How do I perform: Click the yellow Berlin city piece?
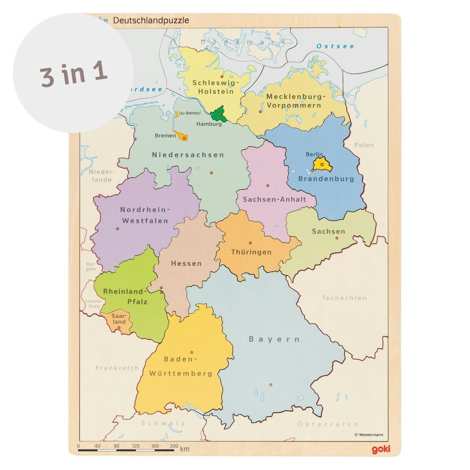[x=322, y=165]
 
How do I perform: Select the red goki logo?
[x=381, y=449]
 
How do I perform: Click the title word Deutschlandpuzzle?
[x=151, y=20]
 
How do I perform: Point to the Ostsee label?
[x=335, y=46]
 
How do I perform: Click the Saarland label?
[x=119, y=319]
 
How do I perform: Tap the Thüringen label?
[x=251, y=252]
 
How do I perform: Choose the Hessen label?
[x=186, y=264]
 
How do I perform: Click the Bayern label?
[x=274, y=339]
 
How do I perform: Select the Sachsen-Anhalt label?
[x=274, y=199]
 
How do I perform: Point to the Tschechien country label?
[x=344, y=298]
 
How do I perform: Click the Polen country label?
[x=364, y=145]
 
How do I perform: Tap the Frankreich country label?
[x=117, y=368]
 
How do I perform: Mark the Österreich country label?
[x=328, y=424]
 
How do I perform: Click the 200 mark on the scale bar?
[x=174, y=446]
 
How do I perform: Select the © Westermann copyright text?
[x=369, y=434]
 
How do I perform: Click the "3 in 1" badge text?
[x=73, y=73]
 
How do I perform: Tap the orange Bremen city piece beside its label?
[x=182, y=136]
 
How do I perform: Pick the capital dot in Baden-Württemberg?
[x=192, y=352]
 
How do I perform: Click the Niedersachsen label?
[x=188, y=155]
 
